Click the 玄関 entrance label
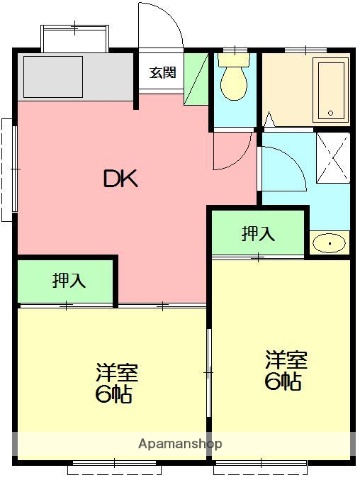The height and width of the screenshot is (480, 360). pos(163,73)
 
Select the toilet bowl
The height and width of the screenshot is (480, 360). pos(235,86)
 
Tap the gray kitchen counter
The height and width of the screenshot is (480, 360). pos(76,78)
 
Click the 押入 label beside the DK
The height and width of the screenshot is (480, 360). pos(69,281)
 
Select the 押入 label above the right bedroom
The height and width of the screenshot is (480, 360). pos(257,233)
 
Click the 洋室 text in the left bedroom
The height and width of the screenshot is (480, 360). pos(117,373)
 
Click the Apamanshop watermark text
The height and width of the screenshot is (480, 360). pos(180,443)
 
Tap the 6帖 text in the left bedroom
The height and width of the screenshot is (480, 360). pos(117,393)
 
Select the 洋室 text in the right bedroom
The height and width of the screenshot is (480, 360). pos(283,359)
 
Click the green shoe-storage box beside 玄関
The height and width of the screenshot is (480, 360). pos(195,74)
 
